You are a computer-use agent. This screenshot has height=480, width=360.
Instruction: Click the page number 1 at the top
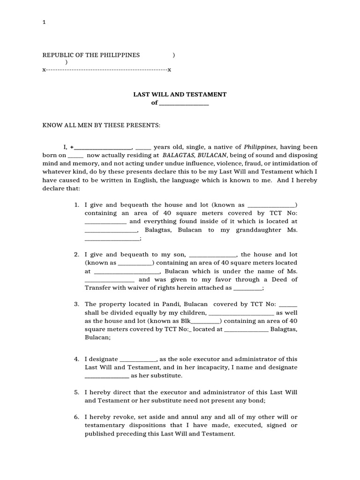(x=44, y=22)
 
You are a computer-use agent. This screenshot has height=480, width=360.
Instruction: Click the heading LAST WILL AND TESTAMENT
(x=180, y=94)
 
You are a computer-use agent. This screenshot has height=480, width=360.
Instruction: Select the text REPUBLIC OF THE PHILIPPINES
(x=91, y=55)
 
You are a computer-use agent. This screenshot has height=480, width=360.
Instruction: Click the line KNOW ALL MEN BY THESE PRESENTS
(x=102, y=125)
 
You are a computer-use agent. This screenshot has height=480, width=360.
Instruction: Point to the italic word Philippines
(x=260, y=147)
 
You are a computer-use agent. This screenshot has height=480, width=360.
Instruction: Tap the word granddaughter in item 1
(x=258, y=230)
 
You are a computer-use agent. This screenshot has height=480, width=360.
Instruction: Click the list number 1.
(x=76, y=205)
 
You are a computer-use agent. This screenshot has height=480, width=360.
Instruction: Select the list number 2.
(x=76, y=255)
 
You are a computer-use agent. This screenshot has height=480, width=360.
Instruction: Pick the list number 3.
(x=76, y=304)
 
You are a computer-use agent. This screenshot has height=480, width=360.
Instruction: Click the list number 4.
(x=76, y=359)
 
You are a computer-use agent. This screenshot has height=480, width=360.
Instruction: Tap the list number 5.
(x=76, y=392)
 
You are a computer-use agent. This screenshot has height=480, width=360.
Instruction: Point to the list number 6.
(x=76, y=417)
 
